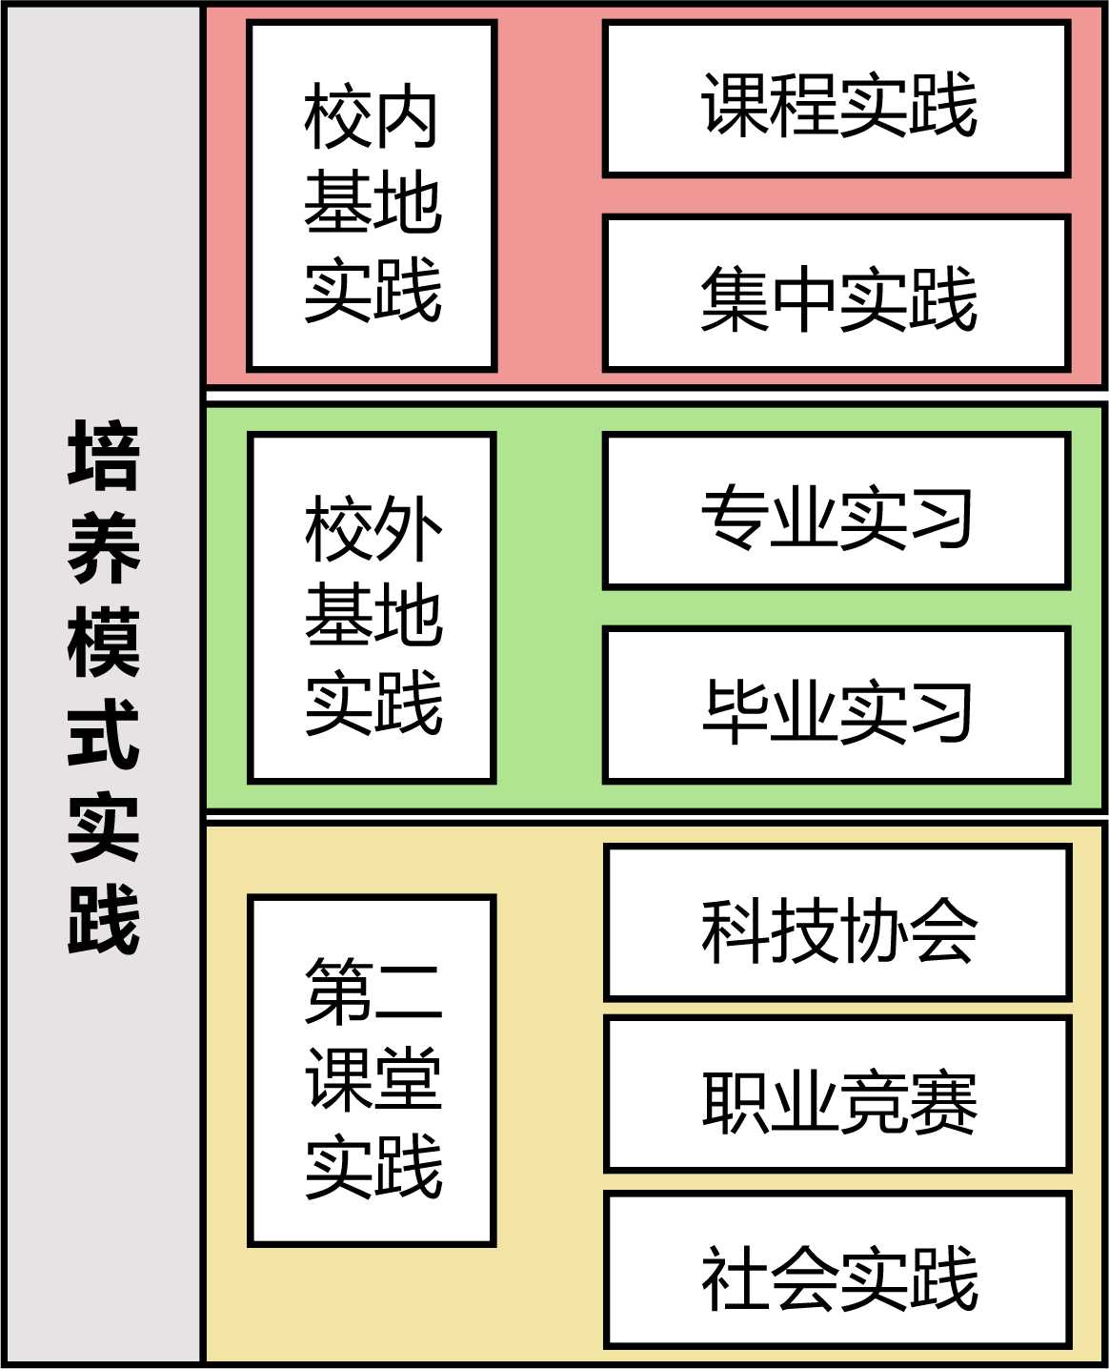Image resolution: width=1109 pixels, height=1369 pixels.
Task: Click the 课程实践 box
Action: [837, 100]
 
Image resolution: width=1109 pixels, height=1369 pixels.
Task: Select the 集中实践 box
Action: [837, 295]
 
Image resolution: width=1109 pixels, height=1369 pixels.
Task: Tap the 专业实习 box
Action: [837, 512]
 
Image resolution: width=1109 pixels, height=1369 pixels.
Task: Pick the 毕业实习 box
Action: [837, 706]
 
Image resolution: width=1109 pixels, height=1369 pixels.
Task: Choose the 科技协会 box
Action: [837, 924]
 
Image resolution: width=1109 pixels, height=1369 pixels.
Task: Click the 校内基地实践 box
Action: [372, 196]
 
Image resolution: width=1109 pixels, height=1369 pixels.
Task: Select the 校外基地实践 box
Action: [372, 609]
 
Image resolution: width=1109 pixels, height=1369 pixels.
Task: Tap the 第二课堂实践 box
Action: [372, 1072]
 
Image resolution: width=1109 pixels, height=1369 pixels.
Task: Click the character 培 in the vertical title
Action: [104, 456]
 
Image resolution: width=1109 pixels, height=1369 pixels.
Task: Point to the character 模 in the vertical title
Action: [104, 643]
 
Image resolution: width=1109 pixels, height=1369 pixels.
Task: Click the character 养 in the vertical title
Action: [104, 549]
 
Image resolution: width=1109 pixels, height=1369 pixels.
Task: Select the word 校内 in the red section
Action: [372, 116]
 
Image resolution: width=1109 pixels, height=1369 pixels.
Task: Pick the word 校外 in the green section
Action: [372, 529]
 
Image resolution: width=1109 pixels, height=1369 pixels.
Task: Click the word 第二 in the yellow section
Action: [372, 991]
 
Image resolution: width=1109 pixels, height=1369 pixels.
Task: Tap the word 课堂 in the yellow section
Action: [372, 1077]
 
